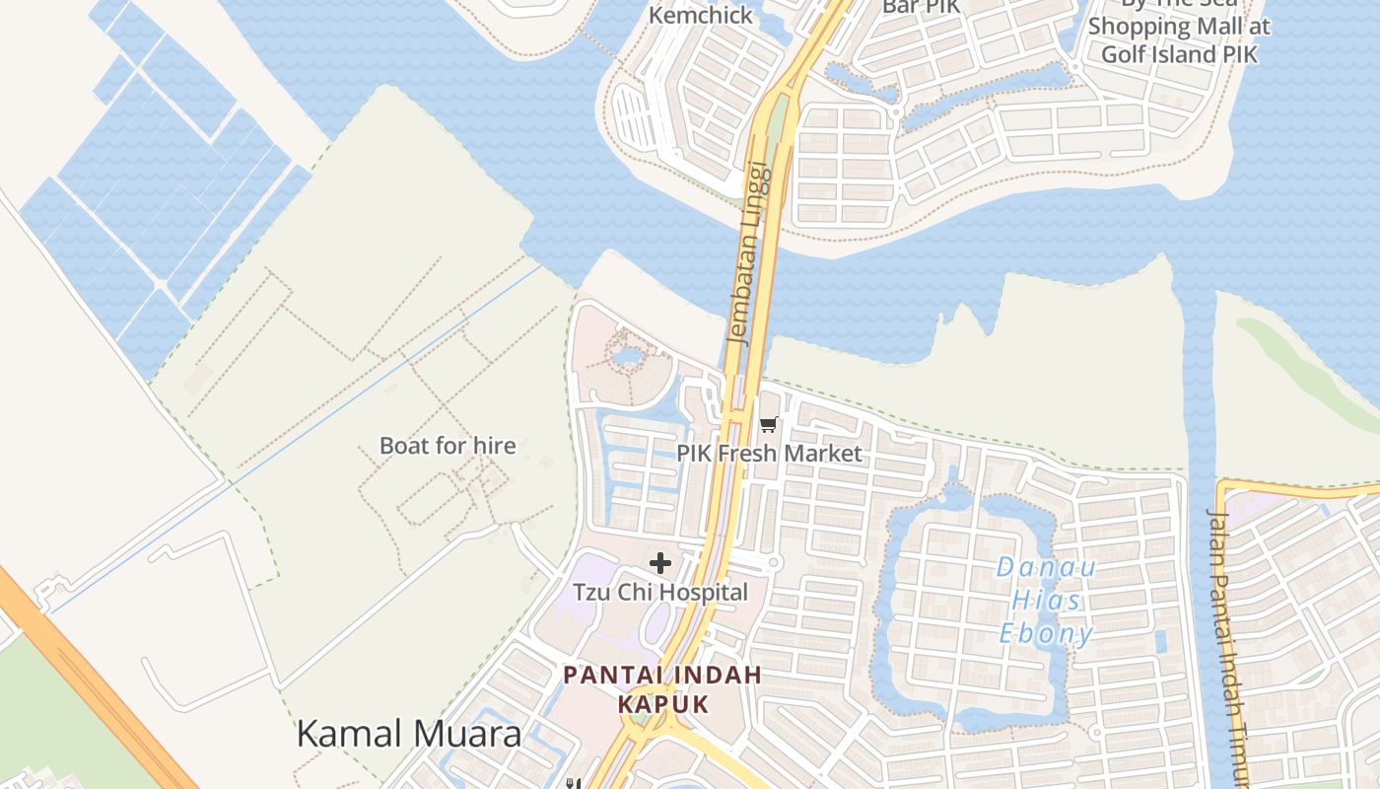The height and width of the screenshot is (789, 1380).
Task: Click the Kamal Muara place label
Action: coord(408,734)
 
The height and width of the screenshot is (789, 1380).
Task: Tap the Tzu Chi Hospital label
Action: coord(660,593)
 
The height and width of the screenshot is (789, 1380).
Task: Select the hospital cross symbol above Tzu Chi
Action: coord(660,563)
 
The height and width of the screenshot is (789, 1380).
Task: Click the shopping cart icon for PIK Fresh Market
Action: coord(769,425)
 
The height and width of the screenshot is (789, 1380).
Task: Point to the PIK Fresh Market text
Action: coord(769,454)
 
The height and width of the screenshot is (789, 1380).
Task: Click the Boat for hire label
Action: coord(448,446)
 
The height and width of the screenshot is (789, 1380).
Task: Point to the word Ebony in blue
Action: coord(1047,633)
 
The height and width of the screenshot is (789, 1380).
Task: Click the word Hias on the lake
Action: coord(1047,601)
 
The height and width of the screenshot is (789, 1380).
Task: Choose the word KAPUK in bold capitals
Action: coord(663,704)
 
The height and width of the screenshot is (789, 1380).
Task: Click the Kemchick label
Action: coord(701,15)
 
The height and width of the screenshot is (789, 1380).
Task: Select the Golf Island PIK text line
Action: coord(1179,54)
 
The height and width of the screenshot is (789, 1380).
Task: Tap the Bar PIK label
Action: coord(920,7)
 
